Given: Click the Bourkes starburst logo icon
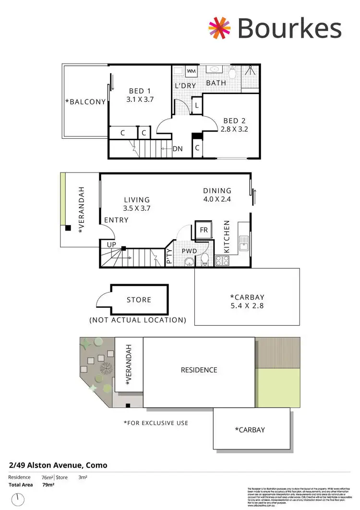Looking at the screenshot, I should (x=219, y=28).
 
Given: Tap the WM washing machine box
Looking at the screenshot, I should (x=191, y=72).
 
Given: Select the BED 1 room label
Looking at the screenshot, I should (x=140, y=91).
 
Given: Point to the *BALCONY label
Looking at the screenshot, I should (x=85, y=101).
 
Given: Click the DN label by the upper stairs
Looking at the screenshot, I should (x=178, y=149).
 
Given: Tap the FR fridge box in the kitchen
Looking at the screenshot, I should (x=204, y=230).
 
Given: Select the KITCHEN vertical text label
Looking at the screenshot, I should (x=227, y=237).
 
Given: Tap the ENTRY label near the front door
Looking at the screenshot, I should (x=116, y=220).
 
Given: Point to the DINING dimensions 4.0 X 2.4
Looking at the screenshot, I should (x=217, y=198).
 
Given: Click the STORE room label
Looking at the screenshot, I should (x=139, y=300).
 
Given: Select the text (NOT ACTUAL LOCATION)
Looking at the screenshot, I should (x=138, y=320).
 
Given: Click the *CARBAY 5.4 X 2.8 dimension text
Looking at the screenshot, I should (x=247, y=305).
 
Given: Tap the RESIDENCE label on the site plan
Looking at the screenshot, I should (x=199, y=370).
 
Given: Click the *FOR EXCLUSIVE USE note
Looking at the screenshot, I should (x=156, y=423).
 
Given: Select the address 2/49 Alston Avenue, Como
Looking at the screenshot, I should (x=58, y=465).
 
